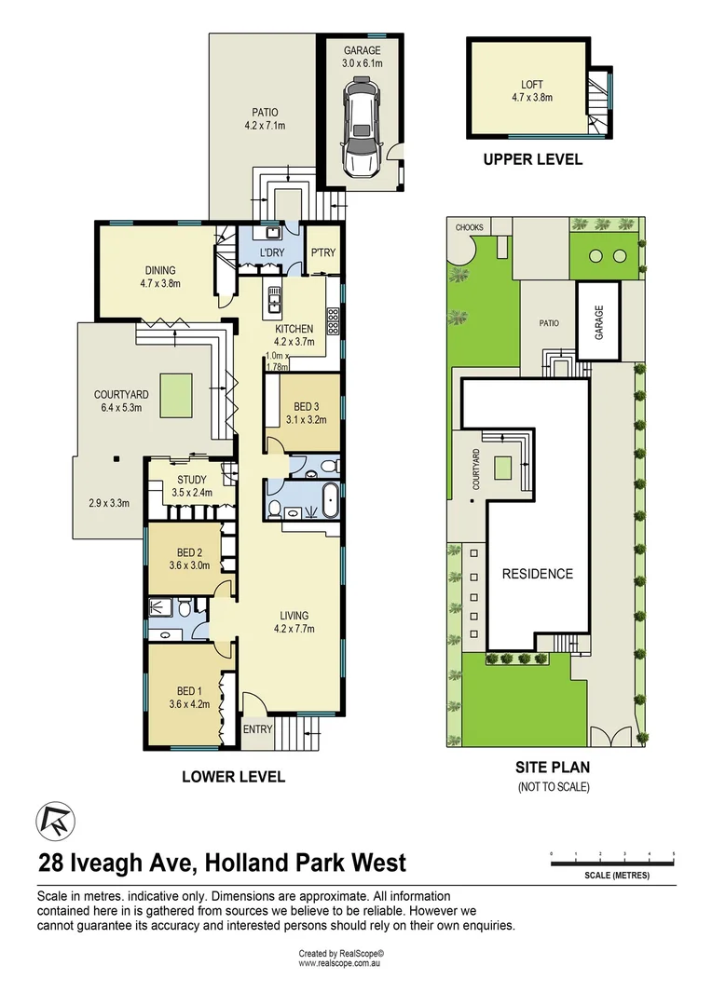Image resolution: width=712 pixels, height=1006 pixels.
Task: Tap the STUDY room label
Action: (x=192, y=481)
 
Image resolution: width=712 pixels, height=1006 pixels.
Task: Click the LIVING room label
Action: (x=294, y=616)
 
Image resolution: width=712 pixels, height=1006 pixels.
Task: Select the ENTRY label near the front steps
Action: (x=257, y=729)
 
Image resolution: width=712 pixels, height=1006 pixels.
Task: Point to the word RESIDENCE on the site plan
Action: (x=538, y=573)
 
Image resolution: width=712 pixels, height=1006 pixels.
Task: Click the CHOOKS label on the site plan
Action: (x=468, y=227)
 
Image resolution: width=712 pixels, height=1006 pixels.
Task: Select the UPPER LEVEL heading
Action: (x=532, y=159)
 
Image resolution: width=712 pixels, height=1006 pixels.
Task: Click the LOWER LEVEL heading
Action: (x=233, y=776)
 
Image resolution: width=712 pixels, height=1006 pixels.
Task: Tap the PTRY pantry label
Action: (x=322, y=253)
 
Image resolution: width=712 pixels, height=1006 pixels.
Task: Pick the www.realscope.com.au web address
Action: (x=341, y=963)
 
